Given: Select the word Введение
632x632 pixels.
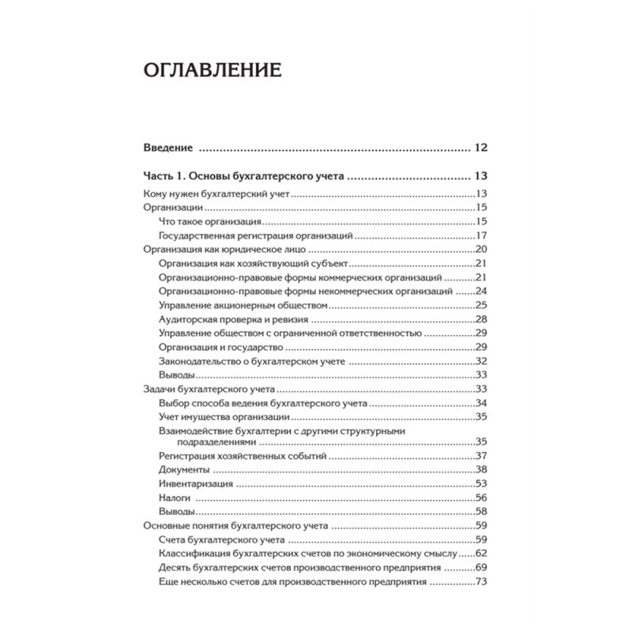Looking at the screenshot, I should click(168, 148).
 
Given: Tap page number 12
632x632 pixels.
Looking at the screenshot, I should click(482, 148).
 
